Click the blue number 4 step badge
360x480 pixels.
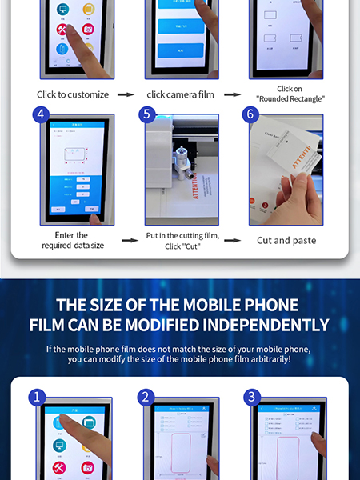point(40,114)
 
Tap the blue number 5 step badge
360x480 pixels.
point(145,114)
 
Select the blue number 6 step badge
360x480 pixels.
point(250,114)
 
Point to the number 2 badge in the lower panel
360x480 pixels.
point(145,397)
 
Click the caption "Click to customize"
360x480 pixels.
point(73,94)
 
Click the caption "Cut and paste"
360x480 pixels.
point(286,240)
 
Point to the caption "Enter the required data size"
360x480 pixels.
point(72,240)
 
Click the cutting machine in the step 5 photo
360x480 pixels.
point(182,152)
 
